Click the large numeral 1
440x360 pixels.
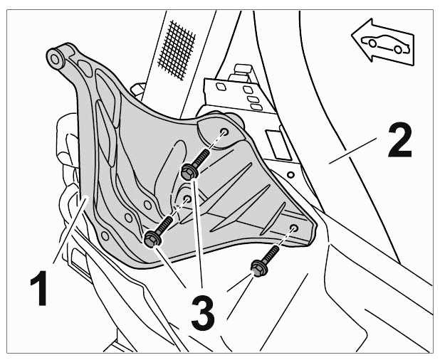coord(40,287)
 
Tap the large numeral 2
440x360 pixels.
coord(400,140)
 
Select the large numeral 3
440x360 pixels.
coord(203,313)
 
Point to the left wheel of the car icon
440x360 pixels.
coord(372,43)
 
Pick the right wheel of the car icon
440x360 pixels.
coord(398,49)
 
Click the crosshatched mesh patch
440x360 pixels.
coord(177,49)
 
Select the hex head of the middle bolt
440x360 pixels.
coord(152,239)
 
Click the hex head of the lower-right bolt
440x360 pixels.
coord(258,268)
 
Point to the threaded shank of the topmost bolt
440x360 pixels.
coord(203,157)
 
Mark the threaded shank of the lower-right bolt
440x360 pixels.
coord(272,254)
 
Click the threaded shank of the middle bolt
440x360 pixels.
coord(165,225)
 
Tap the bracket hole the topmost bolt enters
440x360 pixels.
coord(224,132)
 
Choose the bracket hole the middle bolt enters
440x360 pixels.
coord(187,198)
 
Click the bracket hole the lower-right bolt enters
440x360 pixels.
coord(294,228)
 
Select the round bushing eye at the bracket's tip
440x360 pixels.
coord(54,59)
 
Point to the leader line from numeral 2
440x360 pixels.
coord(353,150)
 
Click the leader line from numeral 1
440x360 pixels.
coord(70,231)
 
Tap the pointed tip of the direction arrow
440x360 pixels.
coord(352,36)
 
